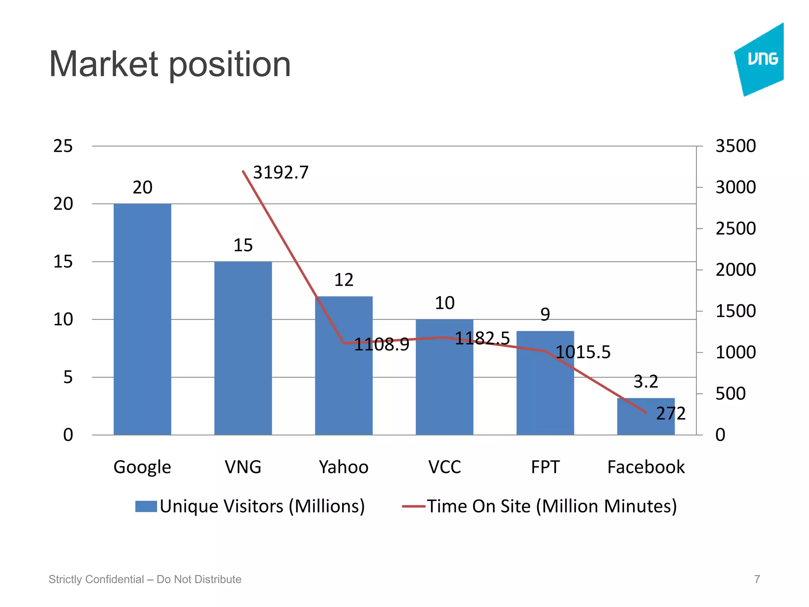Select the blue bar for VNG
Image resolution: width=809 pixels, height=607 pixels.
(243, 348)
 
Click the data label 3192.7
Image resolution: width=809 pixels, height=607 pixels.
(280, 173)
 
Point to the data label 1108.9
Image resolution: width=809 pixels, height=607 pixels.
(382, 345)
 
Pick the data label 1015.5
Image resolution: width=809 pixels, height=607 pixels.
(583, 352)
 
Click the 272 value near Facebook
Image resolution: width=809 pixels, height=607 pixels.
(671, 414)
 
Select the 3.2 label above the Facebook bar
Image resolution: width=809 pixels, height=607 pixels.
(646, 382)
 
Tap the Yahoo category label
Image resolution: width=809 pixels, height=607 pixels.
(344, 467)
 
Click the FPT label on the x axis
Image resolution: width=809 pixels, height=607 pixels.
(545, 467)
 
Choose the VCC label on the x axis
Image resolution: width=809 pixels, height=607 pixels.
(444, 467)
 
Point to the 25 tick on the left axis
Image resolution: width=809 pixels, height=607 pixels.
(63, 146)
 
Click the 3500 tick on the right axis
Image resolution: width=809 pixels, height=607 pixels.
(736, 146)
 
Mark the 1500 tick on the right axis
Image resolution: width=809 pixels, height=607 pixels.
(736, 311)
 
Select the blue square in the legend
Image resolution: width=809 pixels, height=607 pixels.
(146, 506)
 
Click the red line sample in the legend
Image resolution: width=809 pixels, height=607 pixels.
(413, 506)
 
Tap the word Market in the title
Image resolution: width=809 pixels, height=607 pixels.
(103, 64)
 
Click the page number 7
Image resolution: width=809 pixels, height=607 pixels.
(757, 579)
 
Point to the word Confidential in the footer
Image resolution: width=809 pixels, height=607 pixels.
(115, 579)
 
